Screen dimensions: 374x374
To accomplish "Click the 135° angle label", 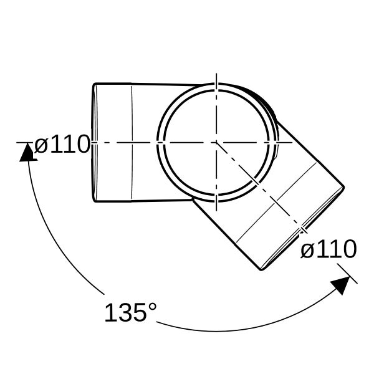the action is [131, 312].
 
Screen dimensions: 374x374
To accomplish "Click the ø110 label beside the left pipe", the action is [62, 144].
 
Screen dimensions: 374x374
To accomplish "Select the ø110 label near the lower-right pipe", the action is [328, 249].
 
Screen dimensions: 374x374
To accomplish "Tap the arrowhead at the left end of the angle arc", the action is [27, 153].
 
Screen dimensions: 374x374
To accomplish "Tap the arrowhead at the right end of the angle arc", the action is [340, 285].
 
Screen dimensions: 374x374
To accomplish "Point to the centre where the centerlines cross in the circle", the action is [216, 143].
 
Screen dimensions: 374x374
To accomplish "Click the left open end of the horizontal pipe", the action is [95, 143].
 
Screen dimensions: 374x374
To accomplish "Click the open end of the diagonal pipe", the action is [303, 229].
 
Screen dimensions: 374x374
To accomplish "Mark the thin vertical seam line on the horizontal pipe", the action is [132, 143].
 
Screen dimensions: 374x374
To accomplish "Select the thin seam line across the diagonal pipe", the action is [276, 202].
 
